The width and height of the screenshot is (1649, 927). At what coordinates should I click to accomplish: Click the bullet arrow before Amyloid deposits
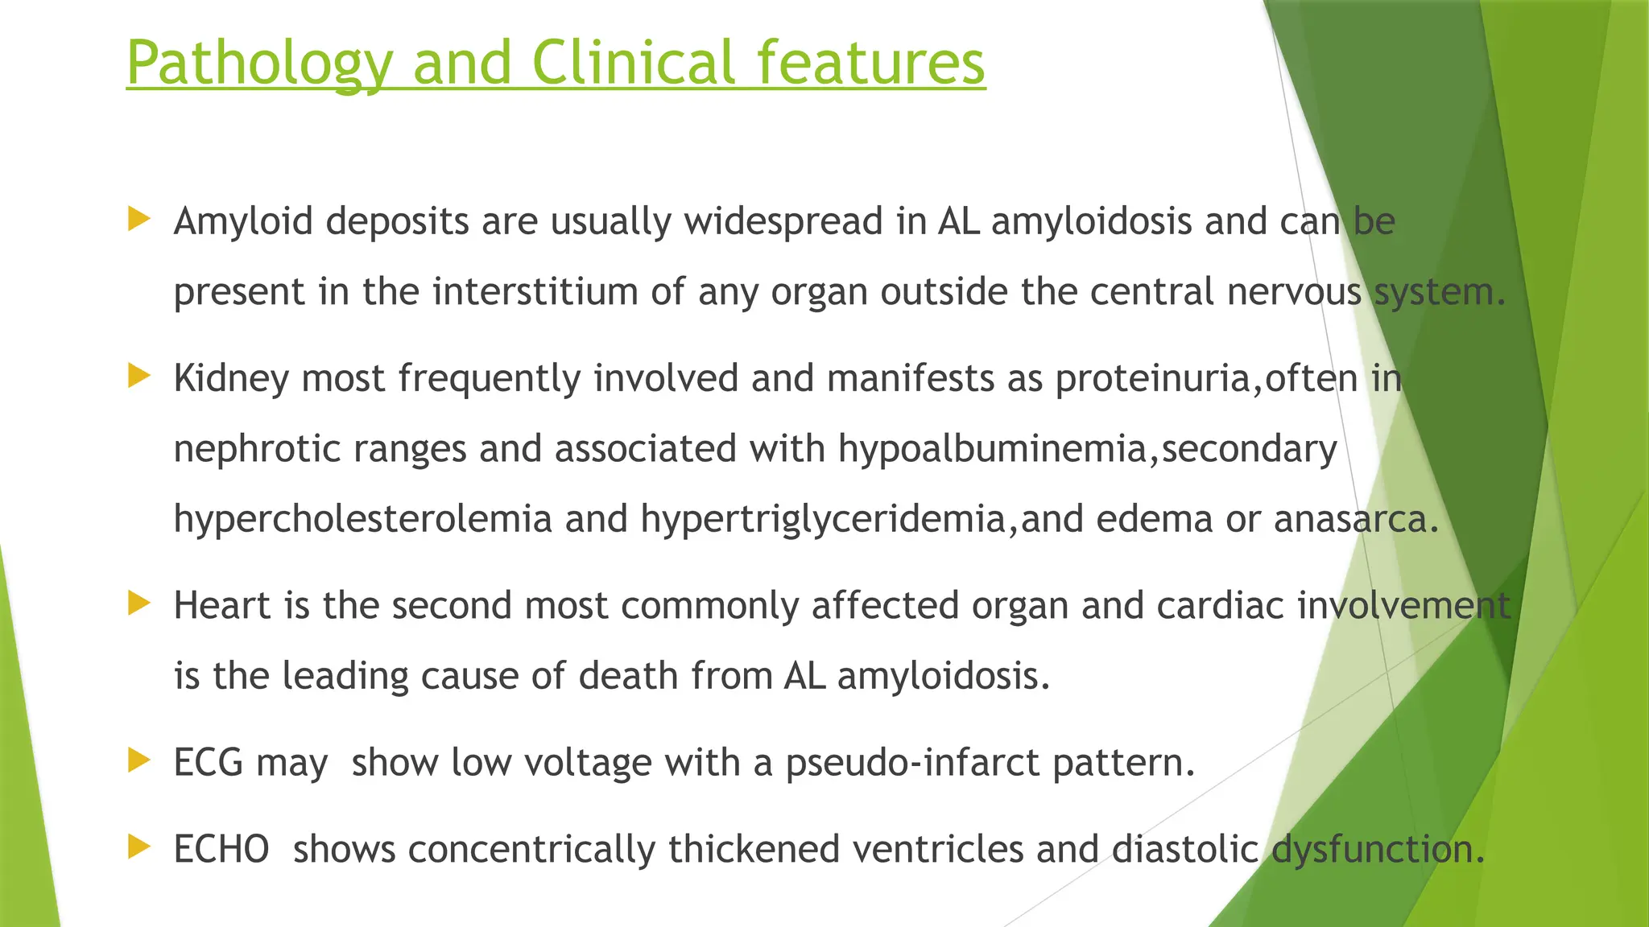click(x=139, y=219)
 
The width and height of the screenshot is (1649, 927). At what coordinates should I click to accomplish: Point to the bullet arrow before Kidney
click(x=139, y=376)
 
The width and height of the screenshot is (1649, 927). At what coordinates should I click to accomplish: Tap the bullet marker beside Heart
click(x=139, y=604)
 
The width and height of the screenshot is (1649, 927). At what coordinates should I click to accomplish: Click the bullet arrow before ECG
click(x=139, y=760)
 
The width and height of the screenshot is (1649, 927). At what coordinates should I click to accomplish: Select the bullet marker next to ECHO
click(x=139, y=847)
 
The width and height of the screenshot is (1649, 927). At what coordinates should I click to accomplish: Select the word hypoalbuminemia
click(x=991, y=448)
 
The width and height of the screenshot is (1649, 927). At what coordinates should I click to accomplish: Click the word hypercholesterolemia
click(x=362, y=519)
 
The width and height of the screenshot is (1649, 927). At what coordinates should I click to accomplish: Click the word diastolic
click(x=1184, y=849)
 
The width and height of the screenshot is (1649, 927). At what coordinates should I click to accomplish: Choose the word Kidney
click(x=231, y=378)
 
